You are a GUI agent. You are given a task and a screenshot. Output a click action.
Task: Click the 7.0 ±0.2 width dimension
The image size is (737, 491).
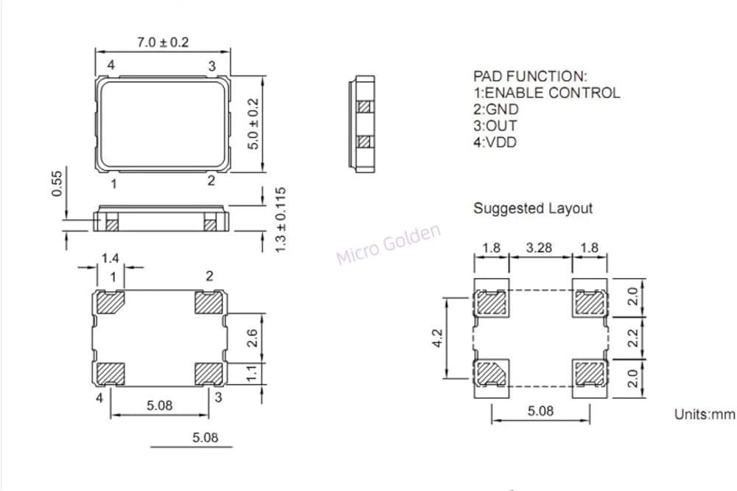click(163, 42)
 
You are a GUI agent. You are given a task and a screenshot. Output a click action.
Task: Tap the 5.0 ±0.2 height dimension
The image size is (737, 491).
click(253, 124)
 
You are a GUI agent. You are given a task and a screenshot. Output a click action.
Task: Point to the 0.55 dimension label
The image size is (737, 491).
click(57, 184)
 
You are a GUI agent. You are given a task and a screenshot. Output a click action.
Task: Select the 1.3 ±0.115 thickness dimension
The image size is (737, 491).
click(280, 220)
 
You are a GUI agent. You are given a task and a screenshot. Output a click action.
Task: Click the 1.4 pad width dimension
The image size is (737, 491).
click(110, 258)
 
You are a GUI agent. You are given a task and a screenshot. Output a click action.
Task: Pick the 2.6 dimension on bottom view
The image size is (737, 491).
click(252, 338)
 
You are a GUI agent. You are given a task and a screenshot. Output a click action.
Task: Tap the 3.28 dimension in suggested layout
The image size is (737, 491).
click(539, 248)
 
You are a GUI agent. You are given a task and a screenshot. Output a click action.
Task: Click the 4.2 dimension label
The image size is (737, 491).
click(437, 338)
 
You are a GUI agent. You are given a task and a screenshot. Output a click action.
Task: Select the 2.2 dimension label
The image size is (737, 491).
click(632, 338)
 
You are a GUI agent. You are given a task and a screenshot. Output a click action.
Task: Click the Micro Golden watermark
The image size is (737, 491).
click(388, 244)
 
